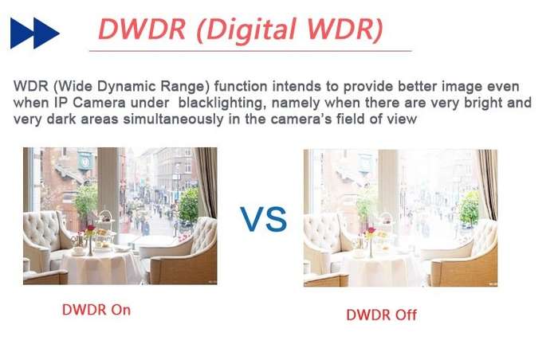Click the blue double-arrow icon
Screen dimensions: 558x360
[34, 33]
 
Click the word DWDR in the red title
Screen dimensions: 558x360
[142, 29]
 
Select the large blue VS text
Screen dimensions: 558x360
[263, 219]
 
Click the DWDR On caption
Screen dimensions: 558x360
[96, 310]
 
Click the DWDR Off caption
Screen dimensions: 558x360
[381, 315]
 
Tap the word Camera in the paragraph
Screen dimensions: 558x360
[99, 103]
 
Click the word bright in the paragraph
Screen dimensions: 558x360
[483, 103]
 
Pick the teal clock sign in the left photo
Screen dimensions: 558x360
[85, 161]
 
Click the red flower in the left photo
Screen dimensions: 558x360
[91, 228]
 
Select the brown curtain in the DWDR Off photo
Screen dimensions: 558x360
[488, 184]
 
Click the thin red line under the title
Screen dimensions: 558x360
[250, 51]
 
